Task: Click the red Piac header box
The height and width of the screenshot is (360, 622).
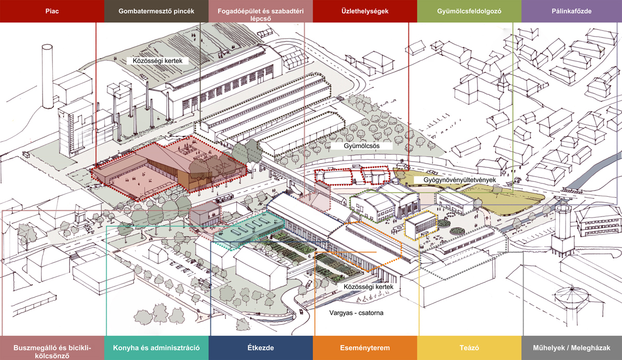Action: (52, 11)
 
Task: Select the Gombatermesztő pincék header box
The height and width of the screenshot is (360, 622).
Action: (156, 11)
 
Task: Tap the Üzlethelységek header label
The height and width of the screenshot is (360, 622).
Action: (364, 11)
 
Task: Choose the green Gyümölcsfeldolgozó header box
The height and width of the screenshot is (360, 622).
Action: (469, 11)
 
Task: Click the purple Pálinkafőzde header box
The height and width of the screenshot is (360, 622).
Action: (572, 11)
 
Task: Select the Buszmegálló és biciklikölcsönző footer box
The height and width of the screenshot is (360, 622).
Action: (52, 348)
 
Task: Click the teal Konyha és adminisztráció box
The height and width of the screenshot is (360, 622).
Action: (156, 348)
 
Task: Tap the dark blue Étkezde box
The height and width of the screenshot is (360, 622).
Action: (261, 348)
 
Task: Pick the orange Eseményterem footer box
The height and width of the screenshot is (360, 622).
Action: (364, 348)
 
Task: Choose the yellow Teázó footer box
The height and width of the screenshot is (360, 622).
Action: (469, 348)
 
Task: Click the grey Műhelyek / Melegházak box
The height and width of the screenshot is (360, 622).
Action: (572, 348)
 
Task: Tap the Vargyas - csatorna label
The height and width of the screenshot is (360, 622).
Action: (357, 313)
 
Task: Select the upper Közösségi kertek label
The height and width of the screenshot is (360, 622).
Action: (157, 61)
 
